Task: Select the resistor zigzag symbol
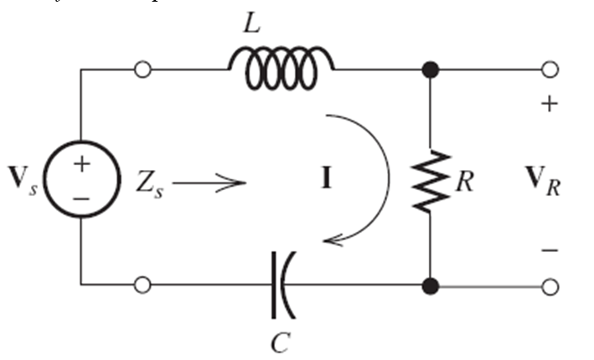point(429,179)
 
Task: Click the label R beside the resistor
point(465,181)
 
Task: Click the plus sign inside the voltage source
point(80,164)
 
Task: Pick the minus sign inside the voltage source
point(80,198)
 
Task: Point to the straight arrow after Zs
point(209,180)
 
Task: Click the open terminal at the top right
point(550,69)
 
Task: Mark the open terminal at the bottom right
point(550,286)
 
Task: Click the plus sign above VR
point(549,105)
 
